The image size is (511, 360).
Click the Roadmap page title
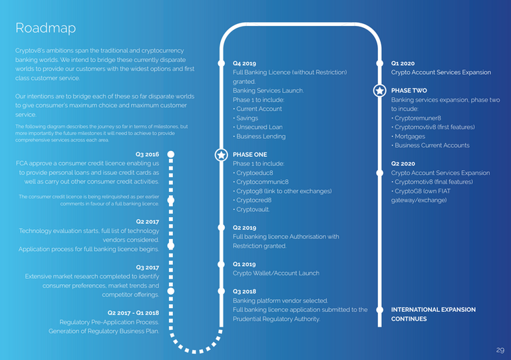(x=46, y=29)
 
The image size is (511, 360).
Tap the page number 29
(x=500, y=350)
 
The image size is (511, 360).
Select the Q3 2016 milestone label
(x=147, y=154)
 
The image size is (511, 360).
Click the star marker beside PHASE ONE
(x=222, y=155)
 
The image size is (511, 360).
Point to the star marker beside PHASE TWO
(x=380, y=90)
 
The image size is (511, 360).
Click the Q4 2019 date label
(x=244, y=63)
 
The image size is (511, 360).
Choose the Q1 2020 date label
(x=403, y=63)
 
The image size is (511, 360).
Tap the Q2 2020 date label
(x=403, y=164)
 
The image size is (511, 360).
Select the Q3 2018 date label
(x=244, y=291)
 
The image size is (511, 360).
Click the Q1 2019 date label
(x=244, y=264)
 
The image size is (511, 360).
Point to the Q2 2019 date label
(x=244, y=228)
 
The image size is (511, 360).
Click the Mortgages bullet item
(x=409, y=136)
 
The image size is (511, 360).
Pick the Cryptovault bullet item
(x=252, y=210)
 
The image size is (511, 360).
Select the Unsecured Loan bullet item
(x=257, y=127)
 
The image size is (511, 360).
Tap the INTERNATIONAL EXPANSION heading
(x=433, y=310)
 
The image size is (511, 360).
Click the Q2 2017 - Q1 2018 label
(x=133, y=313)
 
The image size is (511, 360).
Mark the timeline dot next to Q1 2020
(x=380, y=63)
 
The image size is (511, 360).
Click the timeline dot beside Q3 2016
(x=171, y=154)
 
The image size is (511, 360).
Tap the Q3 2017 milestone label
(x=148, y=268)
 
